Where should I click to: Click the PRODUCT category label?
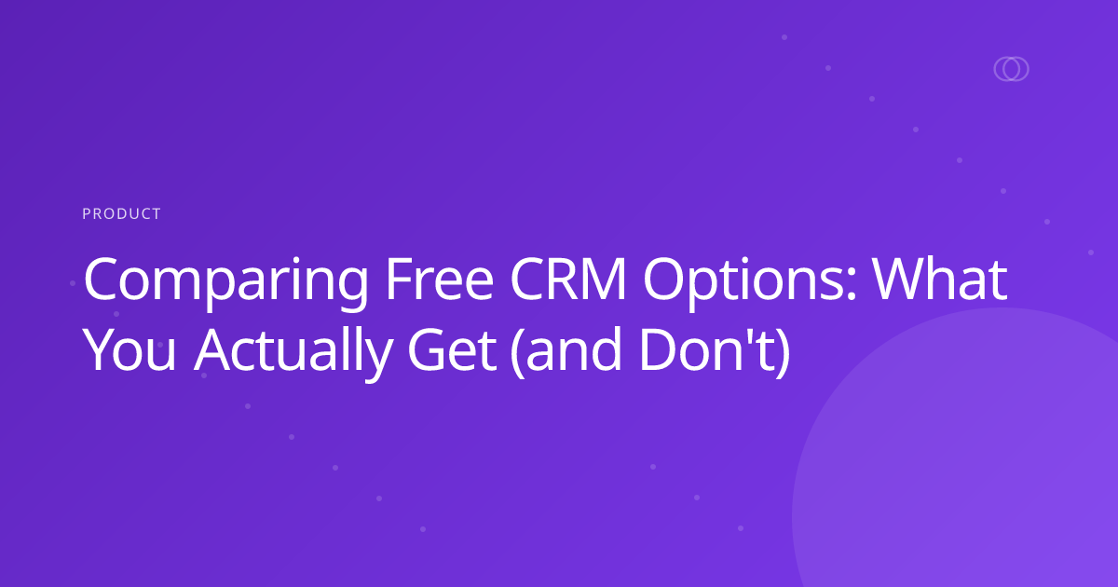(x=121, y=214)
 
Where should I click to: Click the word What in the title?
(x=940, y=280)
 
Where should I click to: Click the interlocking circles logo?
(x=1011, y=69)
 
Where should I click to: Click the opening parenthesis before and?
(x=517, y=355)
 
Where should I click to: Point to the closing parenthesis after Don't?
(x=781, y=355)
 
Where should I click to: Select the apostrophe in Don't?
(x=747, y=337)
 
